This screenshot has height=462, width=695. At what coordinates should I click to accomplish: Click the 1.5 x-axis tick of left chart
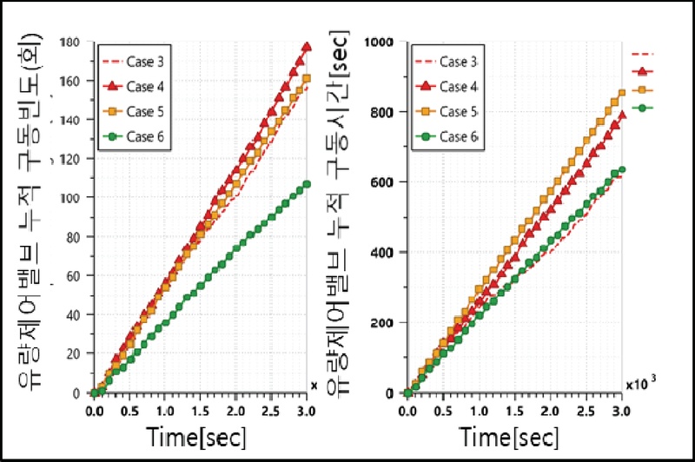(200, 409)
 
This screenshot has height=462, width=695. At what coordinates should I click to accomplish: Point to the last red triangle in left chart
(307, 47)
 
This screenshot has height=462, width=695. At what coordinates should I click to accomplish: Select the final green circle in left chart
(307, 184)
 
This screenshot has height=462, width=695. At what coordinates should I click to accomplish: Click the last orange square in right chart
(621, 93)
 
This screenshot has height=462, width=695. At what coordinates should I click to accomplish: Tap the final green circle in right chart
(621, 170)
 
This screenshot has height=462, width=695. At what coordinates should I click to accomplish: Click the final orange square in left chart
(307, 78)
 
